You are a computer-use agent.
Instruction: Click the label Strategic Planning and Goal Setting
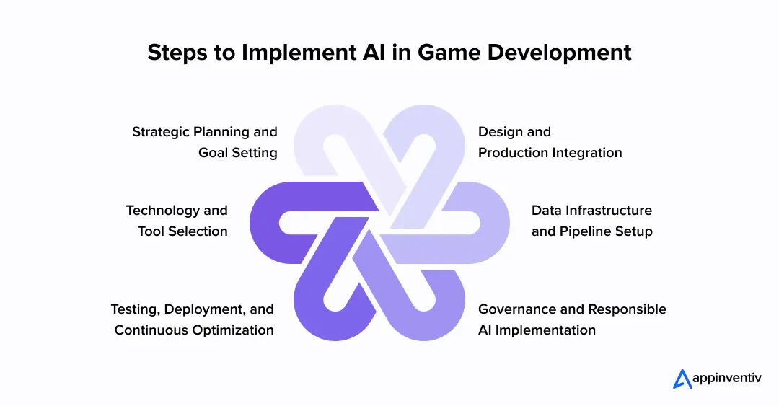coord(205,142)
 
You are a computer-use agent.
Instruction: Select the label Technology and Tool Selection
coord(177,221)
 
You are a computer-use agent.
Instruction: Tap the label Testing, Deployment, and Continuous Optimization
coord(193,319)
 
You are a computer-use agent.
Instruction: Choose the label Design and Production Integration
coord(550,142)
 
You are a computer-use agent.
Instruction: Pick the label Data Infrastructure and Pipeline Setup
coord(591,221)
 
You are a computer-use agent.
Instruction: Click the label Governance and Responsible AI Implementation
coord(572,319)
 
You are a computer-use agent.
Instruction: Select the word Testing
coord(135,309)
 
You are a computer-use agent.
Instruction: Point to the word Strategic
coord(160,132)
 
